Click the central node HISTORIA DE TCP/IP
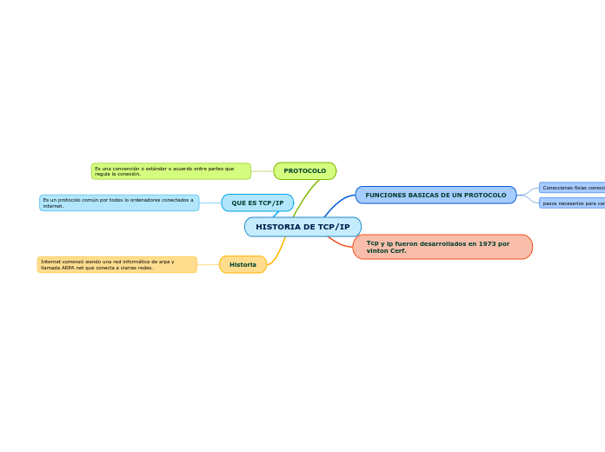(302, 227)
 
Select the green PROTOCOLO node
(304, 171)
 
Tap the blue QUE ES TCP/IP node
(257, 203)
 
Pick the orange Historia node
(243, 264)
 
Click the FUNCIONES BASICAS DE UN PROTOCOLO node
(435, 195)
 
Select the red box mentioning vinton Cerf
(442, 247)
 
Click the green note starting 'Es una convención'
(170, 171)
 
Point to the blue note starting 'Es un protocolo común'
(119, 203)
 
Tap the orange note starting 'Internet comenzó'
(117, 264)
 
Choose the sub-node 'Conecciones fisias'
(572, 188)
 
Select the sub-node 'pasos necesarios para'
(572, 203)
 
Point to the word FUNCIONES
(385, 195)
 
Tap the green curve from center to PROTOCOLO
(304, 196)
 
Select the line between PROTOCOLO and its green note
(262, 171)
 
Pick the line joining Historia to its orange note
(208, 264)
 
